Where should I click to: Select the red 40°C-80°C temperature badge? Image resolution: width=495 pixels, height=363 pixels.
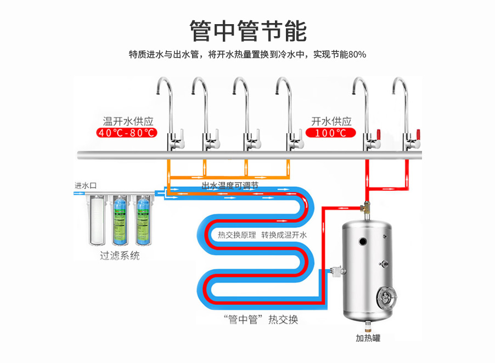click(x=127, y=133)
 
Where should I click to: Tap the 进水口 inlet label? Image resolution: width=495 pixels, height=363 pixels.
click(x=86, y=185)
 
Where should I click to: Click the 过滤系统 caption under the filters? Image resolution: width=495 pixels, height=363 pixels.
click(x=120, y=256)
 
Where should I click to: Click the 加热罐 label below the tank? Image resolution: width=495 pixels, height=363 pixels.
click(x=368, y=338)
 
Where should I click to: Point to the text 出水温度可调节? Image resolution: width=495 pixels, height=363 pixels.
click(x=230, y=186)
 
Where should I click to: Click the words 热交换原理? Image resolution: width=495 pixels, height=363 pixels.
click(x=236, y=235)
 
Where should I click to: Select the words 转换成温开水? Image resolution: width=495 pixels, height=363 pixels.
click(x=284, y=235)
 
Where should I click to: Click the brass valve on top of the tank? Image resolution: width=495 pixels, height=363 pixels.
click(x=362, y=208)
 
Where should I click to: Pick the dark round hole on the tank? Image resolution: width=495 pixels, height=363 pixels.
click(x=362, y=241)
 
